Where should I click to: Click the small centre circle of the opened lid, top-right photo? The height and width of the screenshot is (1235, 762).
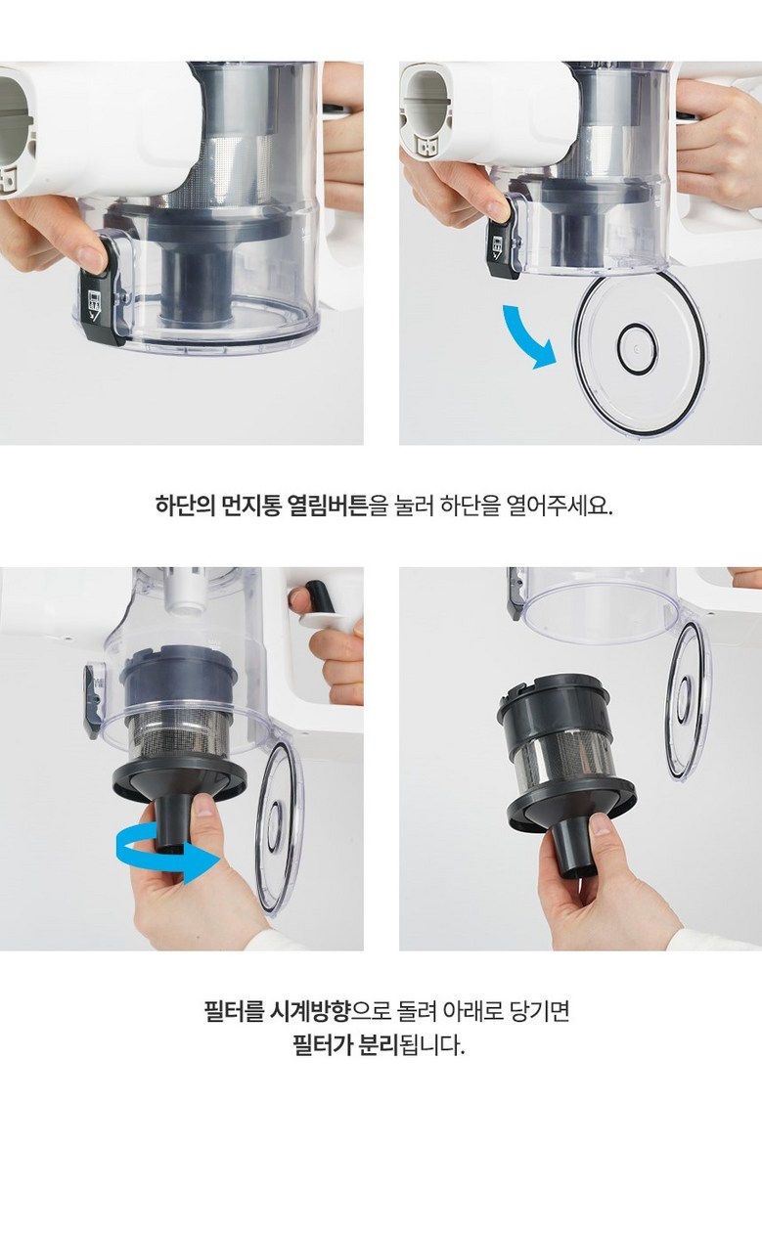pos(637,348)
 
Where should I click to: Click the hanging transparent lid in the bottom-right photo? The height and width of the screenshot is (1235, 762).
pos(688,702)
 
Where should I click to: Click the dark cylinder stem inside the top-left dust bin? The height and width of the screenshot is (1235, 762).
pos(197,287)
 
